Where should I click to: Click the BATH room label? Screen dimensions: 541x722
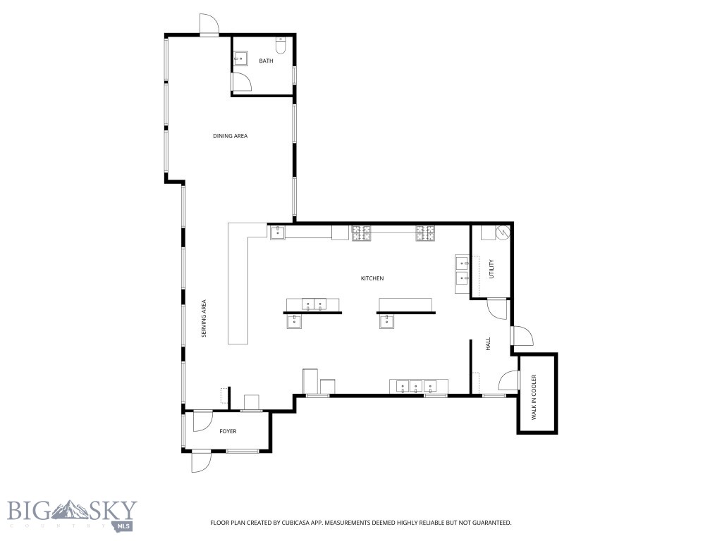266,61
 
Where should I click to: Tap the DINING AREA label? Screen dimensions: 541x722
230,136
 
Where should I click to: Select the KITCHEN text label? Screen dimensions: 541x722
372,279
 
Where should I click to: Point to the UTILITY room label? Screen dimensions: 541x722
491,269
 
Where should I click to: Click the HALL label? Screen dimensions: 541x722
487,344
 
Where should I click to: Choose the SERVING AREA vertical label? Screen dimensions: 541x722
204,318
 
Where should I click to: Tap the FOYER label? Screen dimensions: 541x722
228,431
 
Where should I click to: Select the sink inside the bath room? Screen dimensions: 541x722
241,58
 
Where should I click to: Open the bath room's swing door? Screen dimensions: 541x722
241,82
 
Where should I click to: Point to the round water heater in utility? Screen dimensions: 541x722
503,231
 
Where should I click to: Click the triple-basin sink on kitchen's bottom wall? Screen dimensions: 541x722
413,385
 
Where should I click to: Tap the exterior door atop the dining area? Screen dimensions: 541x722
209,25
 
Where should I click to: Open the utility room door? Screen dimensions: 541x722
497,308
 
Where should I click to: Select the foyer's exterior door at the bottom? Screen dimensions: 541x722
201,461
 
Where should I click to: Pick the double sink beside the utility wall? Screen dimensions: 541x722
463,270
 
